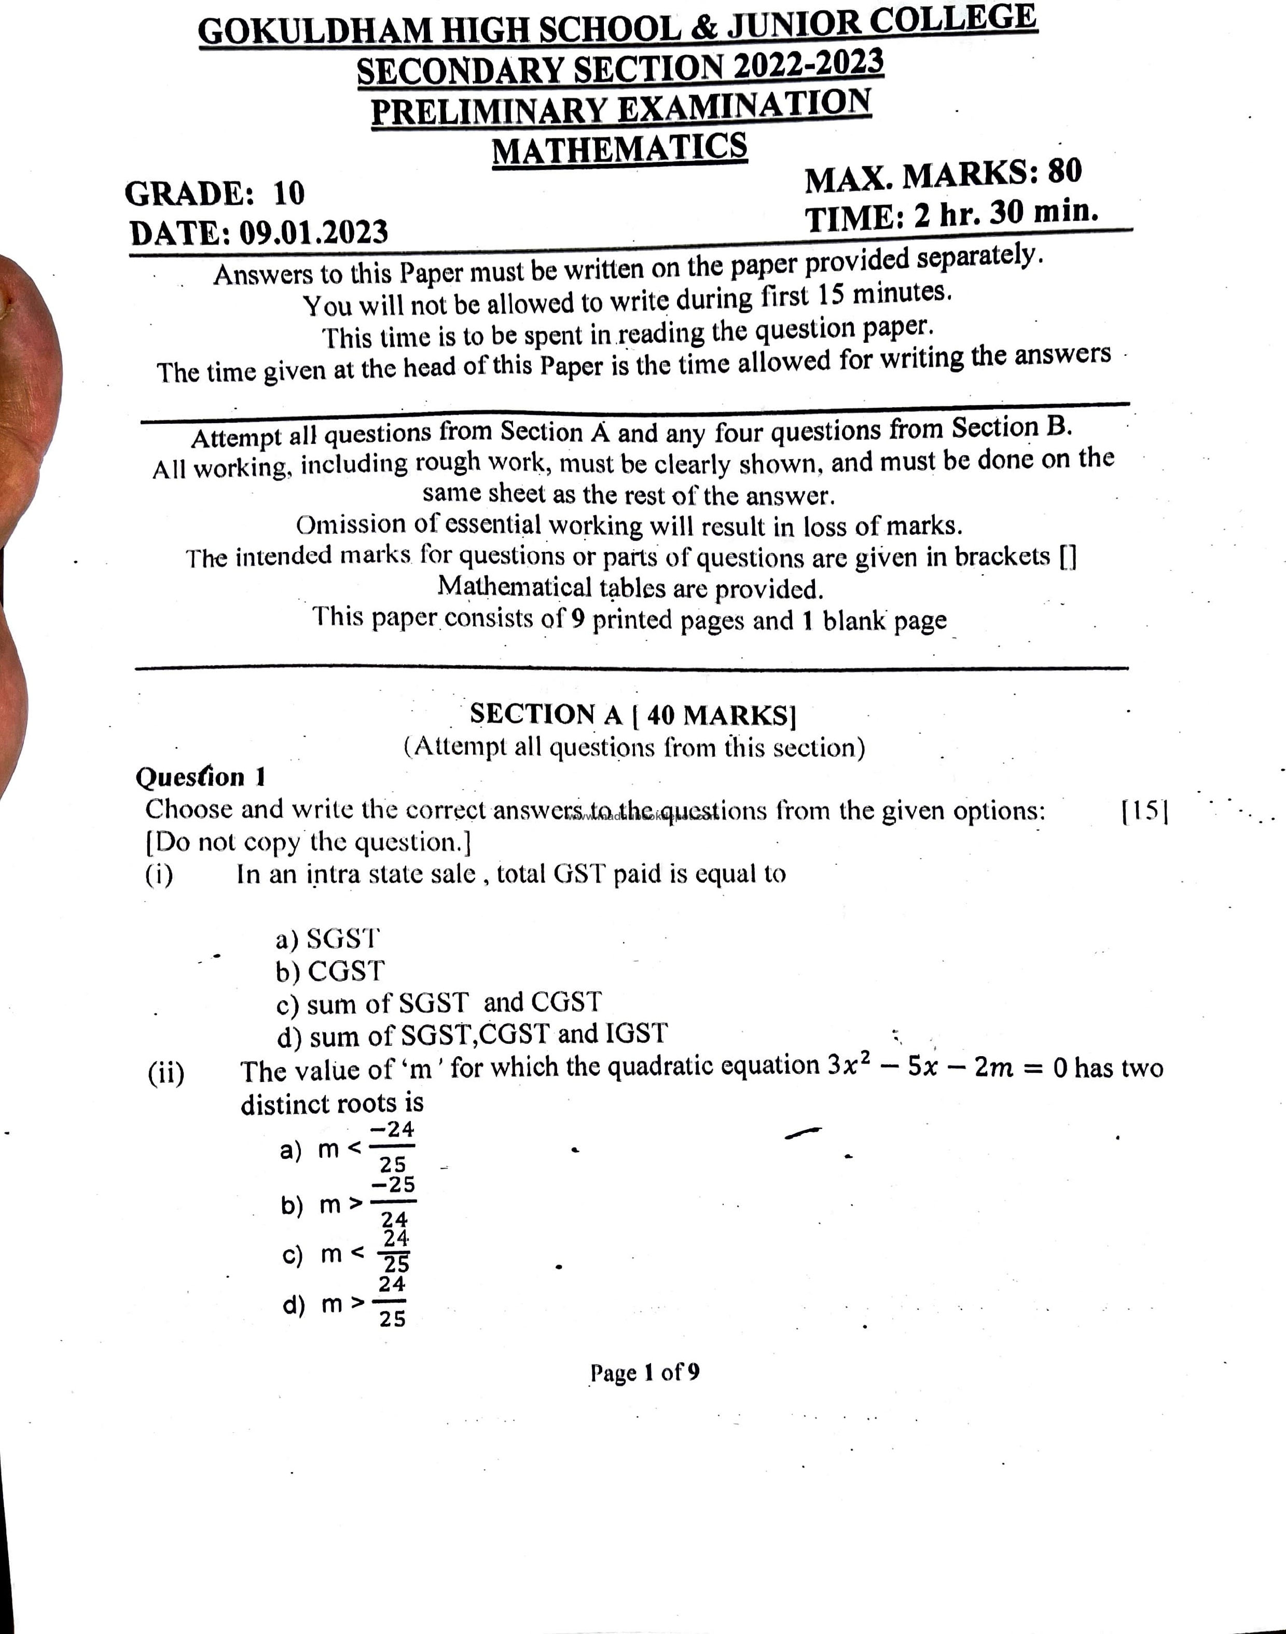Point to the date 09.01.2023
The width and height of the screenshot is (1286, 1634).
pos(313,233)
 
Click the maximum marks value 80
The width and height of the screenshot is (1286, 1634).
pos(1064,172)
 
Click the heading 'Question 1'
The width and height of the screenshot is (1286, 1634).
pos(200,777)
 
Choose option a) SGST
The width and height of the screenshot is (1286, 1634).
pos(327,939)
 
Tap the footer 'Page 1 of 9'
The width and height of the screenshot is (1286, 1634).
pos(644,1372)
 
